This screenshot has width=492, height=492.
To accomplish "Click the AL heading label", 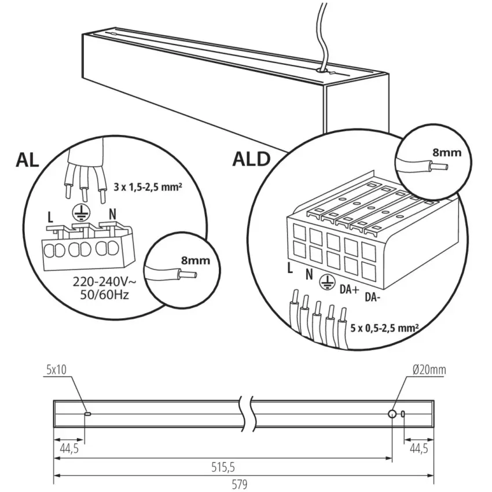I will [x=27, y=160].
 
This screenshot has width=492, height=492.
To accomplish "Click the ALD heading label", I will [x=251, y=159].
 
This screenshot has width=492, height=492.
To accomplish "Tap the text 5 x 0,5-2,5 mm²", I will [x=384, y=328].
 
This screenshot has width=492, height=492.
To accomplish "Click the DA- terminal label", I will [x=373, y=298].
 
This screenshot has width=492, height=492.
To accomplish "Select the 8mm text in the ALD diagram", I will [x=447, y=153].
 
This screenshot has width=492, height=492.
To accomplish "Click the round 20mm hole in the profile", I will [x=392, y=414].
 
